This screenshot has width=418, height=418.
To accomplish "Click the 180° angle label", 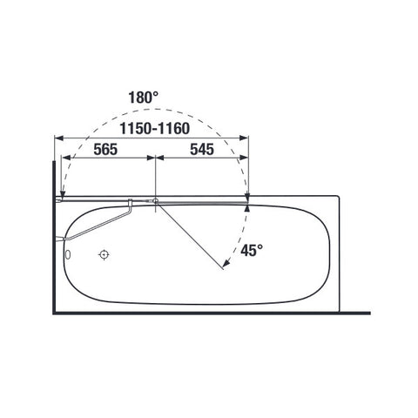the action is point(144,98).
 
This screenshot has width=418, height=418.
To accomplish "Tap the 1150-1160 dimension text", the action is point(155,128).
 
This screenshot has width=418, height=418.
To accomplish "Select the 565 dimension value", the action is point(105,150).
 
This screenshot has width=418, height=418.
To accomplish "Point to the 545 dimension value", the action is point(202,150).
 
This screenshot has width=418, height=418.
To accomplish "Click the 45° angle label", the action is point(252,250).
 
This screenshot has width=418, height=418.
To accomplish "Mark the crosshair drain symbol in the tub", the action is point(104,255).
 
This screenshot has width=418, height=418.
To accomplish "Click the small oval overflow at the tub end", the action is point(68,255).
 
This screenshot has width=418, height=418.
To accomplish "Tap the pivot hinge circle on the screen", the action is point(156,200).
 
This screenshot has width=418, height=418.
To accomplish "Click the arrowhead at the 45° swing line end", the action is point(226,263).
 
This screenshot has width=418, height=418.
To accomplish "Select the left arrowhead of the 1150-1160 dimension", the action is point(59,138).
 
